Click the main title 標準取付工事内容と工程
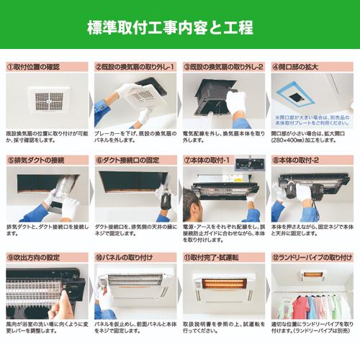[170, 29]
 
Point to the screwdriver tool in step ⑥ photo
[165, 199]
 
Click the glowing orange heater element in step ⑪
[223, 283]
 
